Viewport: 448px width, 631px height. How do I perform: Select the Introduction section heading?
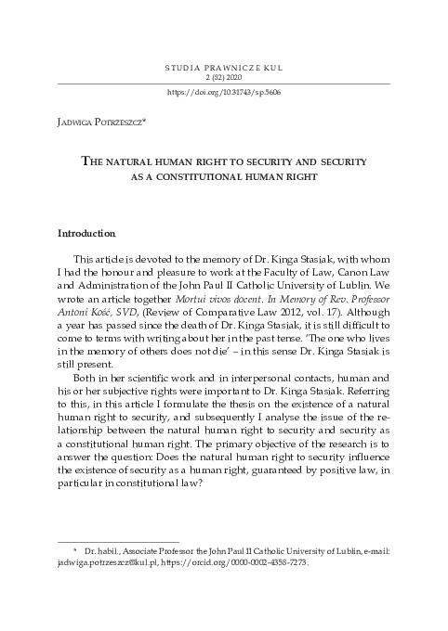tap(86, 232)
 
